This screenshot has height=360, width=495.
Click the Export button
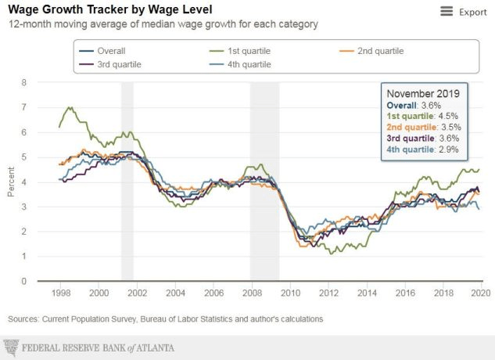472,12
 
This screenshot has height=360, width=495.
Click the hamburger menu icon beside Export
447,12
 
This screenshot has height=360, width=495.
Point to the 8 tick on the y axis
24,82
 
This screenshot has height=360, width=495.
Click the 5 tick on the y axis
24,157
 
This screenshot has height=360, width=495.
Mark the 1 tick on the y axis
24,257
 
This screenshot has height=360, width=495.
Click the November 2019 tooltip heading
423,94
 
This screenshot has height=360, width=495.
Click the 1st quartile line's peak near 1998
71,108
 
